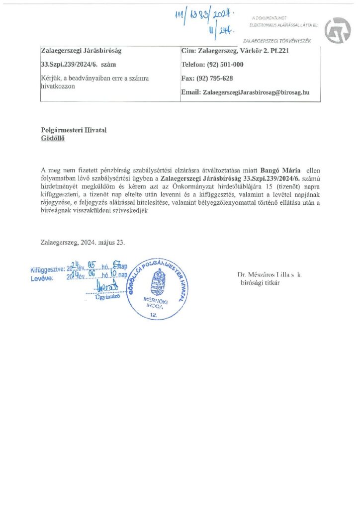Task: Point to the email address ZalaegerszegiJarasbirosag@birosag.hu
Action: [x=253, y=92]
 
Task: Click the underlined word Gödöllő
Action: [x=53, y=139]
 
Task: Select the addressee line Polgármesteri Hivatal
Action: [x=74, y=130]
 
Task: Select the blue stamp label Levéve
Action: [x=42, y=279]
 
